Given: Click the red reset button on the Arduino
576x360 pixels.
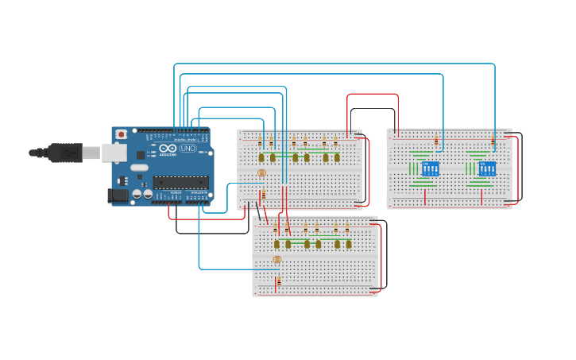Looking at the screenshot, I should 121,134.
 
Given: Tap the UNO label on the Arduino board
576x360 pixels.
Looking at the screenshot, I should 187,149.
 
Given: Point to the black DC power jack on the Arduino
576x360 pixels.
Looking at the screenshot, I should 118,195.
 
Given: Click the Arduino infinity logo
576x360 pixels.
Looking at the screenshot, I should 168,149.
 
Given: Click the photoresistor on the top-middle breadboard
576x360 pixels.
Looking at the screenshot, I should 261,172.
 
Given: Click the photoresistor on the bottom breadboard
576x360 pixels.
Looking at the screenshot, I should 277,260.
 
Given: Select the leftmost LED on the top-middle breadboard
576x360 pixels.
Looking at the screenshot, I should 261,157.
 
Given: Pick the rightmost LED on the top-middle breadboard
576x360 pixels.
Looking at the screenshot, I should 337,157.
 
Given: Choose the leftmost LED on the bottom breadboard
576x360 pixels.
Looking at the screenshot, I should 277,244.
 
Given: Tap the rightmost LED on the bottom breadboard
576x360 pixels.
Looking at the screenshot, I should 348,244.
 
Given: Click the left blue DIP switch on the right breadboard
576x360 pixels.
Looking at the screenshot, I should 431,169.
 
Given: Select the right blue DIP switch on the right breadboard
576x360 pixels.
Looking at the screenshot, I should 487,169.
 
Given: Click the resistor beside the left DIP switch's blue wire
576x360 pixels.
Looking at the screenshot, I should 435,141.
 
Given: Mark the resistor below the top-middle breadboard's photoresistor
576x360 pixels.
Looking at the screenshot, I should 263,194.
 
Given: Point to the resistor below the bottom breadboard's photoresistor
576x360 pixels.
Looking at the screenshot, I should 278,281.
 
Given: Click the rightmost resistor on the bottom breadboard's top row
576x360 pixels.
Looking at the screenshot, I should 347,229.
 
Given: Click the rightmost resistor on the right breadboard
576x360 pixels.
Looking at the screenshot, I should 493,141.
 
